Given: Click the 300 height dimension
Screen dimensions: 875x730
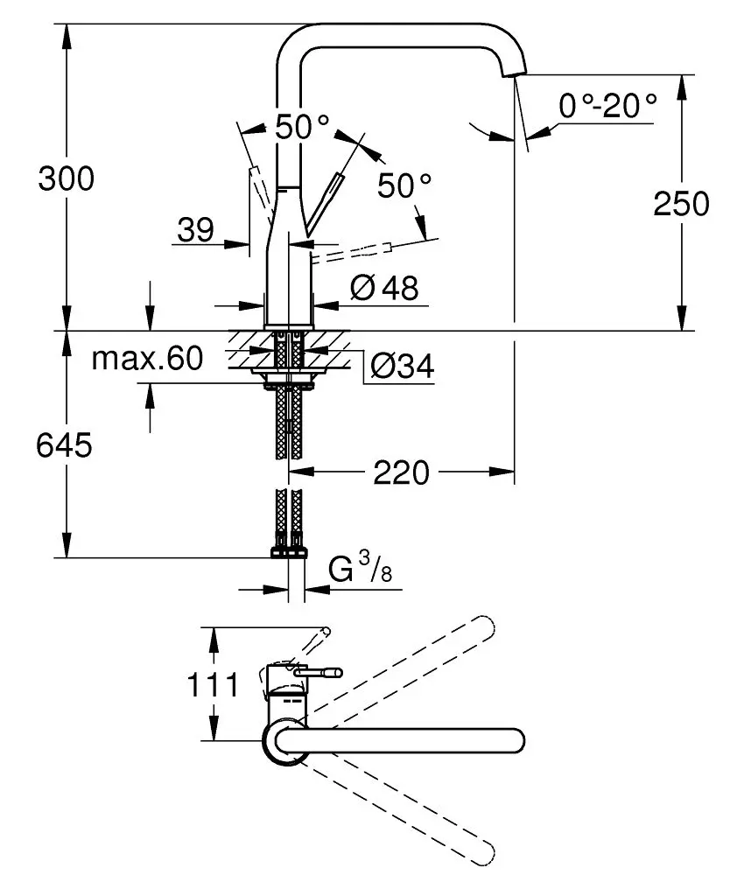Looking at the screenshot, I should [x=65, y=179].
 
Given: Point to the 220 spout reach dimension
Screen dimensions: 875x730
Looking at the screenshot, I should [x=402, y=473].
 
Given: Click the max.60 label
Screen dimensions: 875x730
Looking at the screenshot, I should [x=147, y=358].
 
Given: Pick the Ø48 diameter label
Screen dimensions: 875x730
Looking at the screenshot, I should [x=384, y=287].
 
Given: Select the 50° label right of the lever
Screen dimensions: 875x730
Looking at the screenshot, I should [x=404, y=185].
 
